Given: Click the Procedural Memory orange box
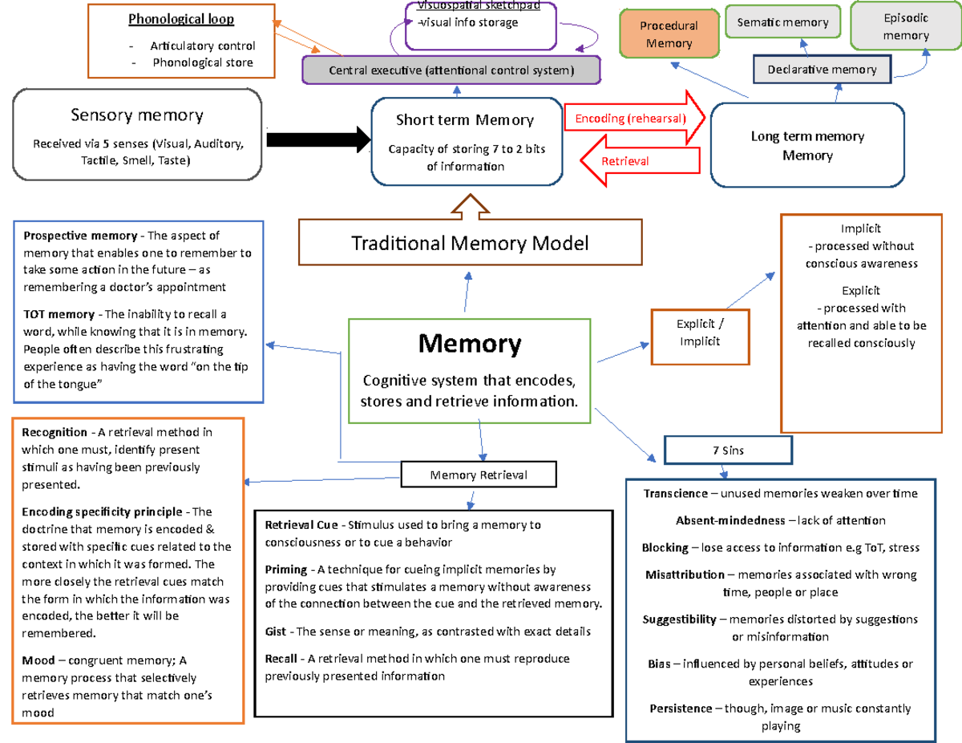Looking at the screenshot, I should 669,34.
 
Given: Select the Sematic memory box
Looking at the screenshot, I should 782,22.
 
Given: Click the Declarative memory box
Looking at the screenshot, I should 822,70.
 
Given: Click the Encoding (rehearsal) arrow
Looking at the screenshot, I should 633,119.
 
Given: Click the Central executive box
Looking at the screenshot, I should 451,71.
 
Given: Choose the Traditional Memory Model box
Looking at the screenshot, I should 470,243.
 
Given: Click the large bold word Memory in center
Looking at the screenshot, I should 470,344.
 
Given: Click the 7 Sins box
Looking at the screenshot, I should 728,450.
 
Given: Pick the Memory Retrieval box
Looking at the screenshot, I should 479,474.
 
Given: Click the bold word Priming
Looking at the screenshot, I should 286,570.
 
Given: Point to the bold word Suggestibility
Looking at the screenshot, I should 680,620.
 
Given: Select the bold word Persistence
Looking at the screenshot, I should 681,709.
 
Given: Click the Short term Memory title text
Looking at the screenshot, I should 464,120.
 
